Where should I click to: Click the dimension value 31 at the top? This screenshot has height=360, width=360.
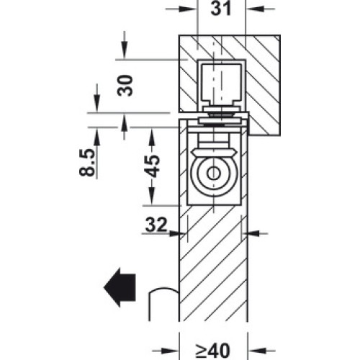221,9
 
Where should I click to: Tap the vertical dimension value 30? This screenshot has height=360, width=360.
125,86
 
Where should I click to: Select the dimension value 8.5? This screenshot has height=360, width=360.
86,163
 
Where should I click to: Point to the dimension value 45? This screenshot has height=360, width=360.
152,166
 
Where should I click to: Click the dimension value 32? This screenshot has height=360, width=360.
156,225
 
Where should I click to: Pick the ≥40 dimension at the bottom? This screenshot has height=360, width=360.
212,351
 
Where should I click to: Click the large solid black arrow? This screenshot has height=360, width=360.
120,287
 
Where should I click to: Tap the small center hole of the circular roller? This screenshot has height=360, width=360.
213,174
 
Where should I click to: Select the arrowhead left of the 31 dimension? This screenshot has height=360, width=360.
187,9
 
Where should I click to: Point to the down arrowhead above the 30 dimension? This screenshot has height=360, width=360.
125,50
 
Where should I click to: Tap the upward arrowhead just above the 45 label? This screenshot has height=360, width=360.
152,136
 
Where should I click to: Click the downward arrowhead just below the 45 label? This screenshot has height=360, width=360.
152,196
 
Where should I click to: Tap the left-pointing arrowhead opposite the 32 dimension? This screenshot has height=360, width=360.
251,233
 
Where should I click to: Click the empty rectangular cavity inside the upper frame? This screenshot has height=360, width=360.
221,82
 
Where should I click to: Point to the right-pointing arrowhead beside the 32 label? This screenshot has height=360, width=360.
178,233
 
